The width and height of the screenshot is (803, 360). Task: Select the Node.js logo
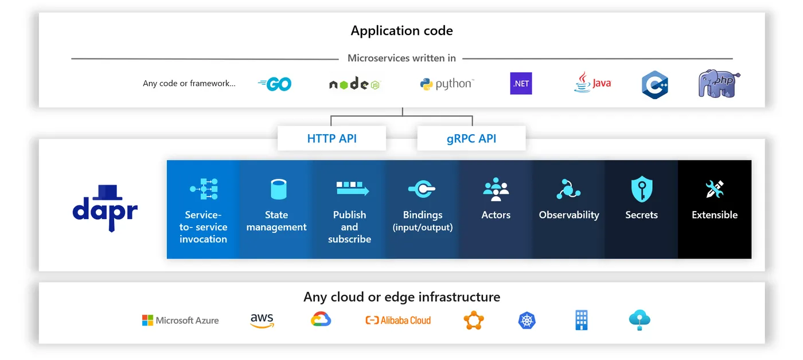354,84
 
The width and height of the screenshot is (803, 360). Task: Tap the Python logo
447,84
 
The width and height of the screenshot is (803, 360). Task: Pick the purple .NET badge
521,84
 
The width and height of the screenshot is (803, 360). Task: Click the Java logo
592,83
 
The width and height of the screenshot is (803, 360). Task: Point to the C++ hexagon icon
654,85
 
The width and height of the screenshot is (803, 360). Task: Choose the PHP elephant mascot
719,84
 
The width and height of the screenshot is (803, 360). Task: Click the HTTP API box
332,138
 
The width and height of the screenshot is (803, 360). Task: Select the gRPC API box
471,138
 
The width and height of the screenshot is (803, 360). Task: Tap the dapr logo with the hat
105,208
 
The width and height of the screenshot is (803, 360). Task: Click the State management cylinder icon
278,189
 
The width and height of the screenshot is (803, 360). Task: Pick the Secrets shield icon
642,189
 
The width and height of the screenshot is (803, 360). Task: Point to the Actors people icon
496,189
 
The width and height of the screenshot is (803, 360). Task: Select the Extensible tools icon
715,189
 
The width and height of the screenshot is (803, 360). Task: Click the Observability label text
569,215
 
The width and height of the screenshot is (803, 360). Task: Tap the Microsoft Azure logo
180,320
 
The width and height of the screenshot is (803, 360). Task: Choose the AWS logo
262,320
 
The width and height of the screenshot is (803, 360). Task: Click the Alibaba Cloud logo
398,320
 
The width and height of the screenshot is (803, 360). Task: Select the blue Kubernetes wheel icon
527,320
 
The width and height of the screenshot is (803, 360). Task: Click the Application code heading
402,30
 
